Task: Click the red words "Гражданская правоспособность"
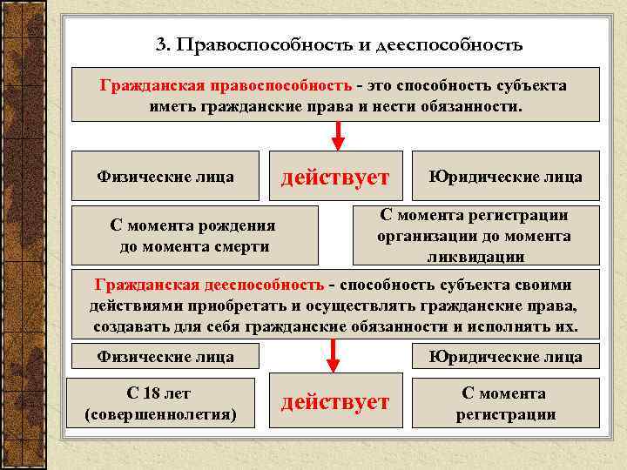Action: tap(226, 86)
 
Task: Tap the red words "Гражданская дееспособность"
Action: tap(208, 285)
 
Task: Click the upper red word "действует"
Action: tap(334, 178)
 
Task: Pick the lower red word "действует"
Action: tap(334, 402)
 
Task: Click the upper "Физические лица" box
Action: tap(165, 177)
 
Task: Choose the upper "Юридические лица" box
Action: tap(505, 177)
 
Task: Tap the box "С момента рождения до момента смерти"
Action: tap(193, 235)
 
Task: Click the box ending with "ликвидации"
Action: tap(475, 235)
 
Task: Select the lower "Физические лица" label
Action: tap(165, 356)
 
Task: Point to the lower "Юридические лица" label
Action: tap(505, 356)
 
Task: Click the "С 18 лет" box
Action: tap(162, 403)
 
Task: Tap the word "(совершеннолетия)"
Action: tap(162, 413)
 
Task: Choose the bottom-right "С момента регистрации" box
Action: tap(505, 403)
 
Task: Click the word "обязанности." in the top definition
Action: tap(470, 106)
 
